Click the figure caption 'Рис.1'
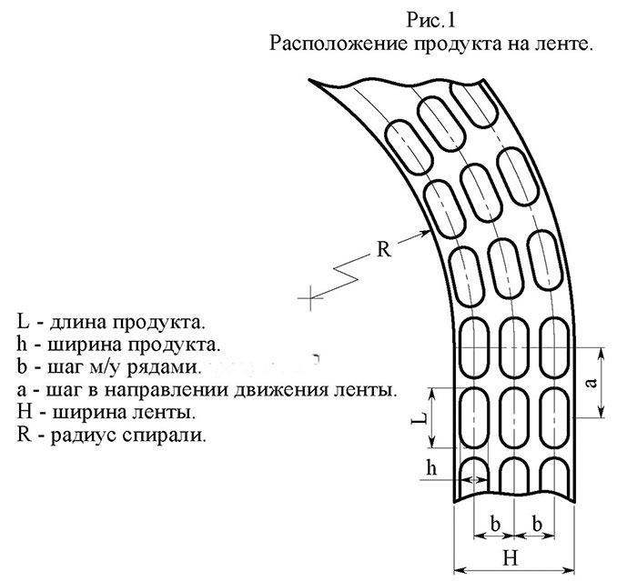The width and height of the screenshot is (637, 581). pyautogui.click(x=430, y=20)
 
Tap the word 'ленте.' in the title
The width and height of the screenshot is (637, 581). pyautogui.click(x=561, y=44)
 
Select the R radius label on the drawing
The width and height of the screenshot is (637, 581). pyautogui.click(x=383, y=249)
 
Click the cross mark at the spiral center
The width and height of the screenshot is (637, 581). pyautogui.click(x=311, y=298)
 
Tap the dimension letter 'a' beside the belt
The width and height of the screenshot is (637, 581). pyautogui.click(x=592, y=383)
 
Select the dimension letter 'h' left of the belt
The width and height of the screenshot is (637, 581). pyautogui.click(x=431, y=467)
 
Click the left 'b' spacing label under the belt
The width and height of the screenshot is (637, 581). pyautogui.click(x=495, y=524)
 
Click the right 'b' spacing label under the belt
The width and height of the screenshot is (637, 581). pyautogui.click(x=537, y=524)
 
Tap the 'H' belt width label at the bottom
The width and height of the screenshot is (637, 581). pyautogui.click(x=511, y=558)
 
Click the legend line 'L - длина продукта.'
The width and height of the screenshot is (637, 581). pyautogui.click(x=110, y=323)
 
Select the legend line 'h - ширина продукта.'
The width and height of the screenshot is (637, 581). pyautogui.click(x=118, y=346)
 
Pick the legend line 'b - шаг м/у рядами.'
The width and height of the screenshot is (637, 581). pyautogui.click(x=110, y=367)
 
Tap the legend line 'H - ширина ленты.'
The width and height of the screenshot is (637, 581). pyautogui.click(x=106, y=413)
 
